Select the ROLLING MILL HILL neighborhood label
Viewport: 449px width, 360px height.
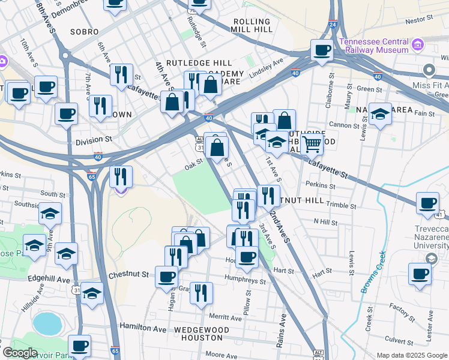point(252,26)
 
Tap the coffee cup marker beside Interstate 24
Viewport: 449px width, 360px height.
point(322,50)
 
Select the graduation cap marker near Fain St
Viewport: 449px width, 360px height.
point(380,113)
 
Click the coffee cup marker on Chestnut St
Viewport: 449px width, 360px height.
point(166,277)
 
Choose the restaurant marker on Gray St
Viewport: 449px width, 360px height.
point(201,293)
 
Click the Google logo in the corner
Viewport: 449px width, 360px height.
point(20,353)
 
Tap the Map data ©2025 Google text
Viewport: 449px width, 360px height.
point(412,356)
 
